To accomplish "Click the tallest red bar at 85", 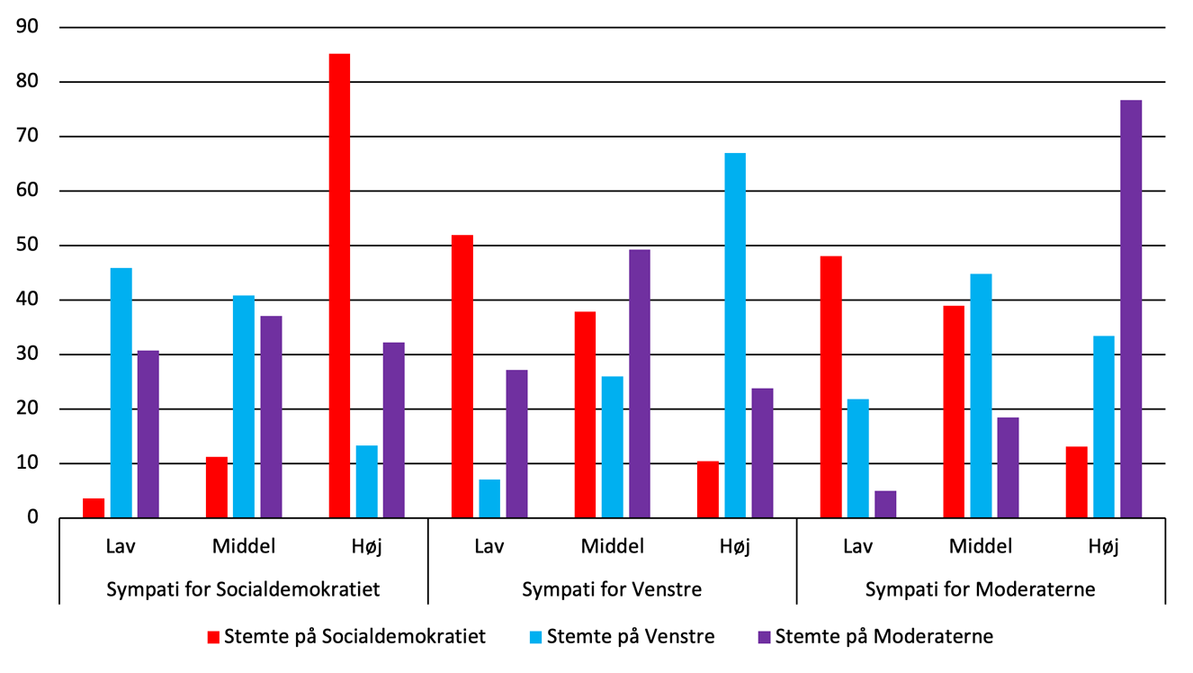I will coord(339,286).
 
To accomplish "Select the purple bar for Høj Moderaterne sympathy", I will coord(1131,309).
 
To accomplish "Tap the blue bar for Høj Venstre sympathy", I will coord(735,335).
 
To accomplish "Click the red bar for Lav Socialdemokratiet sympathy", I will coord(94,508).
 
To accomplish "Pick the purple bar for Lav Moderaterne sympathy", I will coord(885,504).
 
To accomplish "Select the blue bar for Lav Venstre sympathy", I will coord(489,498).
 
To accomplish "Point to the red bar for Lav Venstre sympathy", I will coord(462,376).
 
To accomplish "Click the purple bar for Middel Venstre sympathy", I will coord(640,383).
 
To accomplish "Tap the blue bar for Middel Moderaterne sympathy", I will coord(981,396).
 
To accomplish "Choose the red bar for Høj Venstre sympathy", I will coord(708,489).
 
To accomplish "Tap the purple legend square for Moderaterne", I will coord(765,637).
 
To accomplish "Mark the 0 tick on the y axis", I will coord(34,518).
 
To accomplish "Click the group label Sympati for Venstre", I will coord(612,590).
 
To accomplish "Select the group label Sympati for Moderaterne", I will coord(980,590).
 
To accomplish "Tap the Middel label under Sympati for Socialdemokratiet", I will coord(244,545).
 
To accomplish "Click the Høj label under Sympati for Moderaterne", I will coord(1103,546).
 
